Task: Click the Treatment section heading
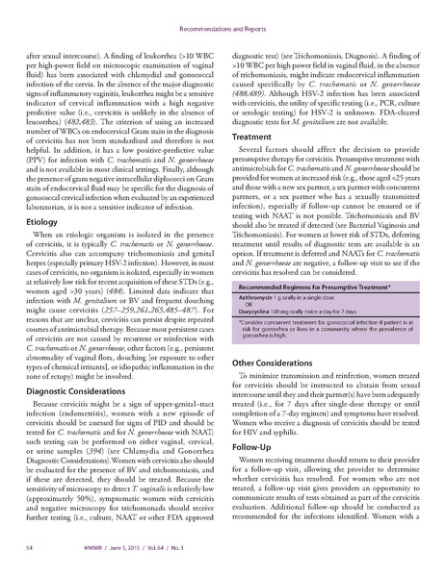254,138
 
